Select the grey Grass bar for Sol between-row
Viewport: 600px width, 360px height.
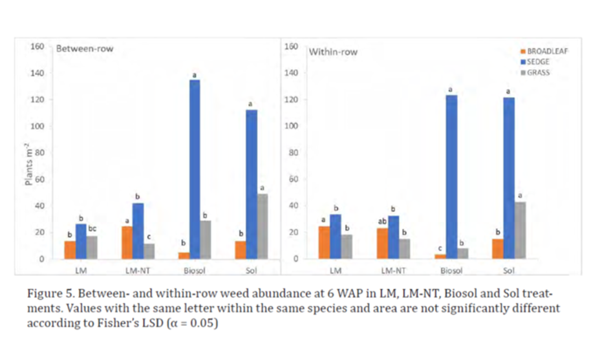click(262, 226)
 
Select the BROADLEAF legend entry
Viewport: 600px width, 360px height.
click(544, 51)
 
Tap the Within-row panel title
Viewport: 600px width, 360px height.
click(332, 51)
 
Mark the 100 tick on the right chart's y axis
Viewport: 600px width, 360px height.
click(295, 126)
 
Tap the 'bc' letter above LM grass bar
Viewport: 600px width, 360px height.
click(93, 229)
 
